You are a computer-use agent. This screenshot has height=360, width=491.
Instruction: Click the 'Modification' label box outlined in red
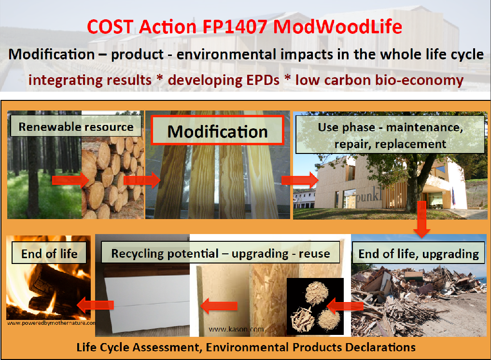click(217, 130)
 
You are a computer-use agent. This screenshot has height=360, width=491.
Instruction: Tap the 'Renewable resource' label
click(76, 126)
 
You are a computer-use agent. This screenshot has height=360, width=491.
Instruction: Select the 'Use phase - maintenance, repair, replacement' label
click(390, 135)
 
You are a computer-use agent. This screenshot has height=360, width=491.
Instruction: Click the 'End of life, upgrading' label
click(419, 253)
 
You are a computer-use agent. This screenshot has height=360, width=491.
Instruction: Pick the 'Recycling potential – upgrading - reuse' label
click(221, 252)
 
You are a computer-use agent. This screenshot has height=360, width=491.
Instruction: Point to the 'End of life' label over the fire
click(49, 252)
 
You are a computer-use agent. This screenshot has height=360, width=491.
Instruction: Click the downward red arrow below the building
click(421, 219)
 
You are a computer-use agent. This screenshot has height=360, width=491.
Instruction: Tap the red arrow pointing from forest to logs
click(70, 180)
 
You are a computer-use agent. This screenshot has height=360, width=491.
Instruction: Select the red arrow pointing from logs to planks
click(142, 180)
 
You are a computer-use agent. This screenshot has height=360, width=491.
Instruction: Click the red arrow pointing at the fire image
click(95, 305)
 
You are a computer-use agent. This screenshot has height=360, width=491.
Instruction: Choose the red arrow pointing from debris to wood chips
click(345, 306)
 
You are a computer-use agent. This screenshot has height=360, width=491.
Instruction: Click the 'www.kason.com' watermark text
click(236, 329)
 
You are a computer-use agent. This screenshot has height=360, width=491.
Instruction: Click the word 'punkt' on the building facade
click(369, 195)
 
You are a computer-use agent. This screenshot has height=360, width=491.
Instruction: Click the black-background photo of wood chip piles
click(315, 306)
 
